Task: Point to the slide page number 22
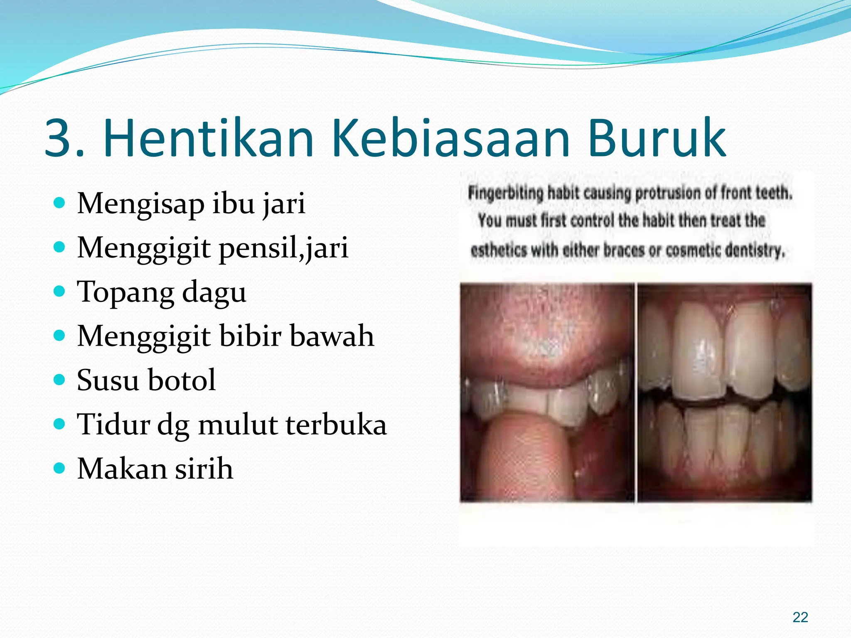(x=800, y=617)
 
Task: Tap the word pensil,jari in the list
(x=283, y=248)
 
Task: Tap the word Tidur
(x=113, y=425)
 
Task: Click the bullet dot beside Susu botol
(x=60, y=380)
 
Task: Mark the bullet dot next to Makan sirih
(x=60, y=468)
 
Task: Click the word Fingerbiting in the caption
(x=505, y=193)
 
